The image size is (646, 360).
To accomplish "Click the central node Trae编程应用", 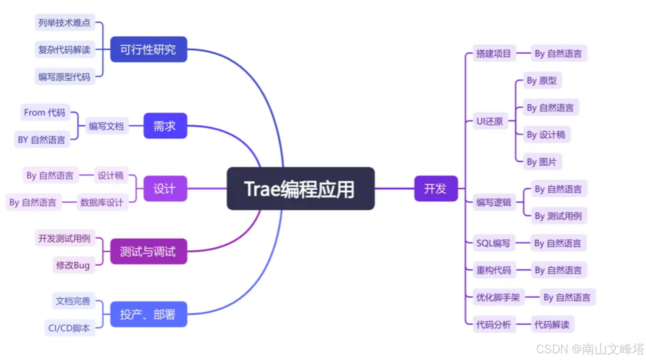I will tap(300, 189).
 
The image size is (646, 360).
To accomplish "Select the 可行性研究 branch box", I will tap(149, 49).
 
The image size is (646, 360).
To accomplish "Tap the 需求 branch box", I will tap(165, 126).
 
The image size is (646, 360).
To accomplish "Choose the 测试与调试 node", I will tap(149, 251).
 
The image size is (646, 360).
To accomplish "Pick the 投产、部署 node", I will tap(149, 314).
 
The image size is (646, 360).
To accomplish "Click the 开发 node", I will tap(435, 189).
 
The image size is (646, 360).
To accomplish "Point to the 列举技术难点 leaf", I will tap(65, 23).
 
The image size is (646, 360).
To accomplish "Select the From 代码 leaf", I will tap(45, 112).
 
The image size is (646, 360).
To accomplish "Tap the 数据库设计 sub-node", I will tap(102, 202).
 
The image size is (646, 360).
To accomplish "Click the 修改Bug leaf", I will tap(73, 265).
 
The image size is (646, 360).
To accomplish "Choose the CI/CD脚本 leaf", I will tap(69, 328).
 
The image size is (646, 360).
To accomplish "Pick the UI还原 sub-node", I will tap(490, 121).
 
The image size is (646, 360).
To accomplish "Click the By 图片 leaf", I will tap(542, 162).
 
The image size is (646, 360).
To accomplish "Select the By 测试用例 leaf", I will tap(558, 216).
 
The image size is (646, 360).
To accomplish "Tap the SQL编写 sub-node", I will tap(493, 243).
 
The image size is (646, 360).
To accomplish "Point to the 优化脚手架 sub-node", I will tap(498, 297).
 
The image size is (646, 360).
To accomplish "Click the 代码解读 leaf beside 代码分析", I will tap(552, 325).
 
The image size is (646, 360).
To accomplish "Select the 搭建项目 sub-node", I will tap(493, 53).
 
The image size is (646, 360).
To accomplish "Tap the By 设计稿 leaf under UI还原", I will tap(546, 135).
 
